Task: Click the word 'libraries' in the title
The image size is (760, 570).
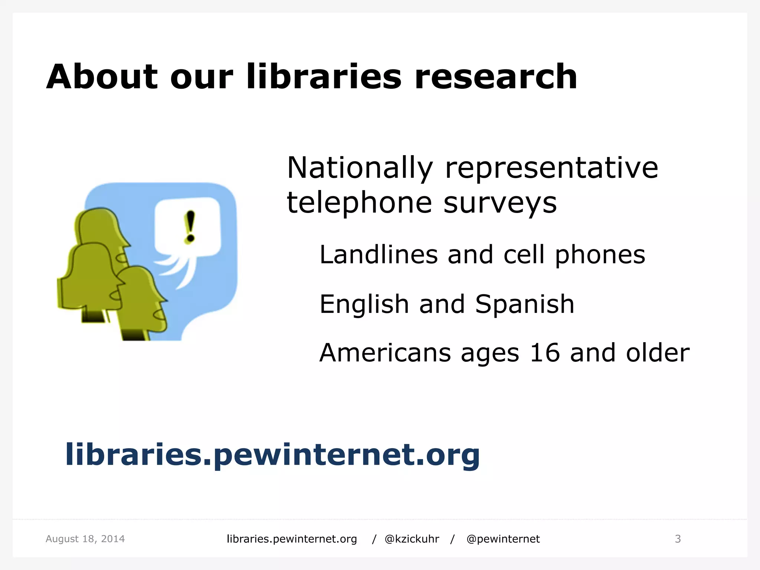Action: pos(324,77)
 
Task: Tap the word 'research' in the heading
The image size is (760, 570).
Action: pos(496,77)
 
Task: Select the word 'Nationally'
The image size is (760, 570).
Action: pos(360,168)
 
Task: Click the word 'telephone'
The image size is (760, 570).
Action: pos(359,203)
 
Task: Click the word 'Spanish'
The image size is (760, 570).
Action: pos(525,304)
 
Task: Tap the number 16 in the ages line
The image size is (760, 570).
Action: pos(544,353)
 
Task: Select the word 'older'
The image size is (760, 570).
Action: pos(658,353)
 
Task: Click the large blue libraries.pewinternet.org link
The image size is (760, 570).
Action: pos(272,455)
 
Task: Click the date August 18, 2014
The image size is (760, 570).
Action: pos(85,539)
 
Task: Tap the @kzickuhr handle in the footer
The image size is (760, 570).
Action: pos(412,539)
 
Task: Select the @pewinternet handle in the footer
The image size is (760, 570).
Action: pos(503,539)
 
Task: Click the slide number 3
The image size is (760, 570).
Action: pos(678,539)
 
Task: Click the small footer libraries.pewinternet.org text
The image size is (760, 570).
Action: pos(292,539)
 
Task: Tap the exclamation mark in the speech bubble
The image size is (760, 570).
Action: pos(190,226)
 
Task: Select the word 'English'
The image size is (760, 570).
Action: pos(364,304)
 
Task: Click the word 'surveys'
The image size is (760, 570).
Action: pos(500,203)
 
